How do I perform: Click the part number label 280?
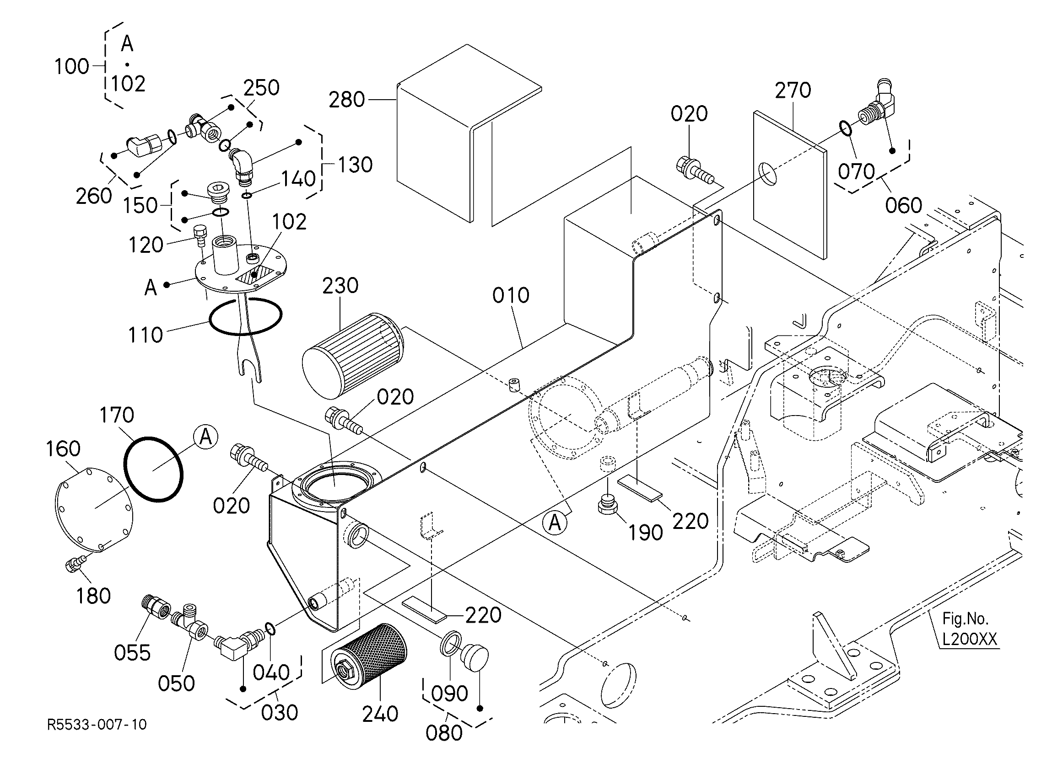point(346,100)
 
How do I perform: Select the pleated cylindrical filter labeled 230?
point(354,356)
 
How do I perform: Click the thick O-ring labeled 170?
point(154,469)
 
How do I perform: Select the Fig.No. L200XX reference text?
point(969,630)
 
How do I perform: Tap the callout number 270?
point(793,90)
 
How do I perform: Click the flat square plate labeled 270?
point(789,186)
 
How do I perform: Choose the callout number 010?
point(511,295)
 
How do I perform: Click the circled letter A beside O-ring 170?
point(205,437)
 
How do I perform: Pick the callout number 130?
point(355,165)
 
